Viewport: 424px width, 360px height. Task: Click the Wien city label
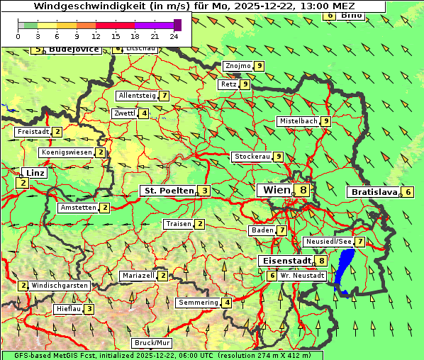pyautogui.click(x=277, y=190)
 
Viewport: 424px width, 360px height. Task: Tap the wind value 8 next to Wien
pyautogui.click(x=303, y=190)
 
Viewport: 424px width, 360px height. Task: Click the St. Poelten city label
pyautogui.click(x=168, y=191)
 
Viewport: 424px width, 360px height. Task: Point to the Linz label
pyautogui.click(x=35, y=173)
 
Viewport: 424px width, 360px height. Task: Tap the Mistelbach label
pyautogui.click(x=299, y=121)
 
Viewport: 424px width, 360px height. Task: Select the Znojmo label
pyautogui.click(x=238, y=66)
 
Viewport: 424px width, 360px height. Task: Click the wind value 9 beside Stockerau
pyautogui.click(x=279, y=157)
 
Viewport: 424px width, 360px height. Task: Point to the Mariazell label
pyautogui.click(x=138, y=275)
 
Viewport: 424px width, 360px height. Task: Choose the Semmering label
pyautogui.click(x=199, y=303)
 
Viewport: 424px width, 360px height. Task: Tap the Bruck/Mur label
pyautogui.click(x=152, y=342)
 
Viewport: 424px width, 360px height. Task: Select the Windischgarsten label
pyautogui.click(x=60, y=285)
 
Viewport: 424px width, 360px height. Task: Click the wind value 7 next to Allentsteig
pyautogui.click(x=164, y=96)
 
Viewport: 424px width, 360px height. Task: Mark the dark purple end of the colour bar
pyautogui.click(x=177, y=25)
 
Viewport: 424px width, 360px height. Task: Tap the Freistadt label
pyautogui.click(x=33, y=132)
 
